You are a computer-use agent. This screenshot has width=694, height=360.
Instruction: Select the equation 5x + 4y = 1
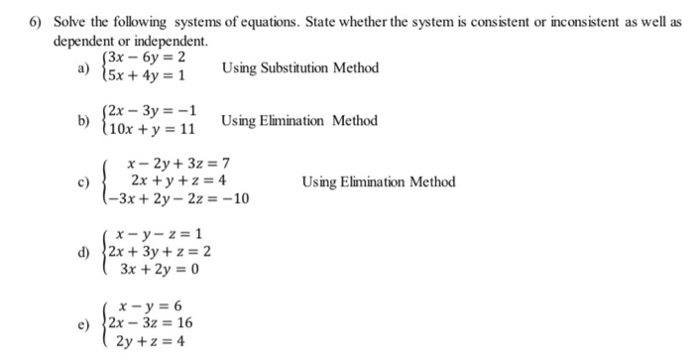coord(151,77)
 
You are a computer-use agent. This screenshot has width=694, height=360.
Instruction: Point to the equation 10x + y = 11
coord(154,129)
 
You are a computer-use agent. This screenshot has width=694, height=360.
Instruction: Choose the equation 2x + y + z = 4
coord(181,180)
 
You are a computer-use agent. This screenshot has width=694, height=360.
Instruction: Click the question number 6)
coord(31,23)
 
